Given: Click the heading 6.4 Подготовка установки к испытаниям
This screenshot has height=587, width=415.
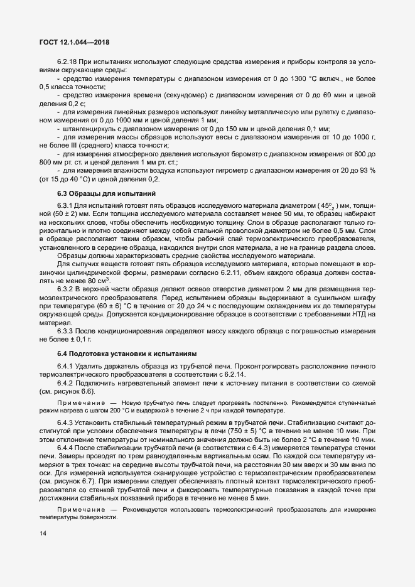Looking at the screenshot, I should (127, 354).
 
